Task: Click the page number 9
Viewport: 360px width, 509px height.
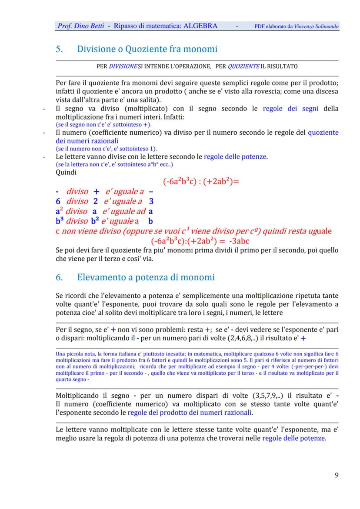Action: point(337,475)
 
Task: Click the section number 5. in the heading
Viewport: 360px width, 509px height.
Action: point(60,49)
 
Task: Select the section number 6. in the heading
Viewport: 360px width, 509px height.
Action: point(60,277)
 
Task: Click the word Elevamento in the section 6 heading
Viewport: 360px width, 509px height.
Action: point(102,277)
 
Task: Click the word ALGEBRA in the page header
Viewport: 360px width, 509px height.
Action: point(200,26)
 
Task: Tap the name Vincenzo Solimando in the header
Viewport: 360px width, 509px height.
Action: point(316,27)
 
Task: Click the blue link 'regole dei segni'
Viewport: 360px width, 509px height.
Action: point(290,109)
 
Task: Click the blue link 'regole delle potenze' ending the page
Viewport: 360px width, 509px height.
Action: point(293,438)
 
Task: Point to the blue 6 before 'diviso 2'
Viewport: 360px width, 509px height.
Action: point(58,201)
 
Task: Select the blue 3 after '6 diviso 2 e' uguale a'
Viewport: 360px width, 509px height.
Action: point(151,201)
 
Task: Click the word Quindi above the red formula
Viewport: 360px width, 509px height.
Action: point(66,172)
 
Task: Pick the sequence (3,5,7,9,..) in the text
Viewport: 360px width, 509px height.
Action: point(269,396)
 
